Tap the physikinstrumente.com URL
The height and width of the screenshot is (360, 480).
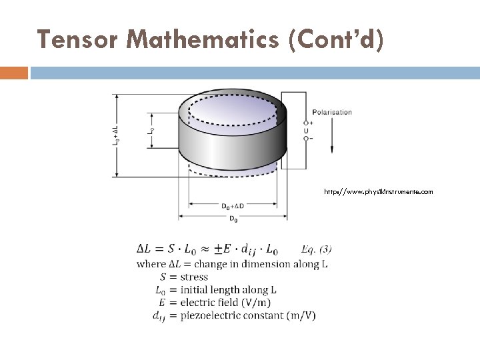(378, 191)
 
